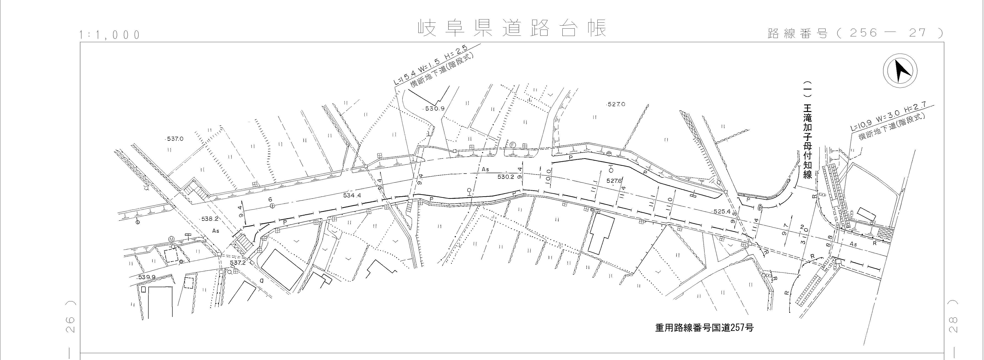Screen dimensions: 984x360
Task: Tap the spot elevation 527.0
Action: [616, 104]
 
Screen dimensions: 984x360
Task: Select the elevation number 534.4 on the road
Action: [352, 196]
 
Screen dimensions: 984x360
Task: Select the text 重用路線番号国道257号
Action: [704, 328]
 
